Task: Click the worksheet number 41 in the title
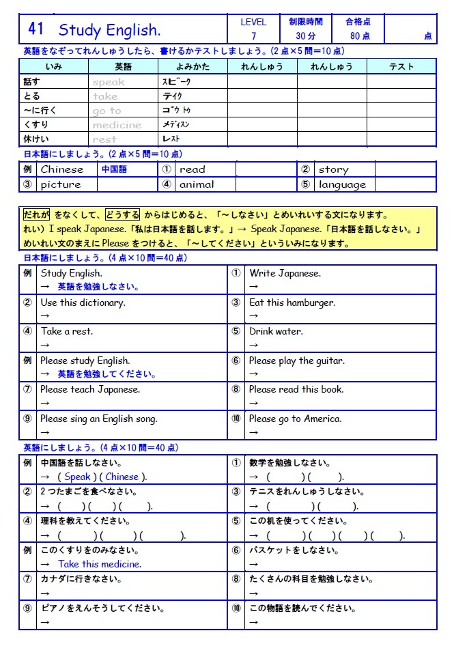click(36, 29)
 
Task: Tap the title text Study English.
click(110, 30)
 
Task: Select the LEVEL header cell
click(253, 22)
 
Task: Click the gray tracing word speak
click(109, 82)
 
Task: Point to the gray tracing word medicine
click(117, 125)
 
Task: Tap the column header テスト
click(401, 66)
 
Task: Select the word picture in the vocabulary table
click(61, 184)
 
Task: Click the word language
click(342, 184)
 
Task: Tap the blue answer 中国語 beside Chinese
click(115, 169)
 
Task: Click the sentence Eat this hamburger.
click(292, 302)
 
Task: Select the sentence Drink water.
click(276, 331)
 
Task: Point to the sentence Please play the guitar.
click(297, 361)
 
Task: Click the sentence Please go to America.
click(295, 419)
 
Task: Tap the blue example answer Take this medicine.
click(100, 564)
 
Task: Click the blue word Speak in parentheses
click(77, 477)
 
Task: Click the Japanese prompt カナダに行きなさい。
click(81, 579)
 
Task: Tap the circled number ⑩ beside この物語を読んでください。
click(236, 608)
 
